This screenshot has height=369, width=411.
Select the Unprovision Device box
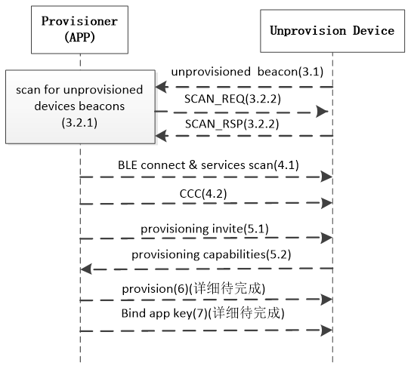coord(332,31)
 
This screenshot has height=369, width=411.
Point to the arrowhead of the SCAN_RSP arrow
coord(162,136)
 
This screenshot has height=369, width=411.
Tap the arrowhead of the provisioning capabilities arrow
coord(87,269)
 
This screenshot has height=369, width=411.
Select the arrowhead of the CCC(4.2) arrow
coord(326,204)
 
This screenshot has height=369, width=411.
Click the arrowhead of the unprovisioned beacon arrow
coord(162,88)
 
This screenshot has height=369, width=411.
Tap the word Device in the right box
coord(373,31)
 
